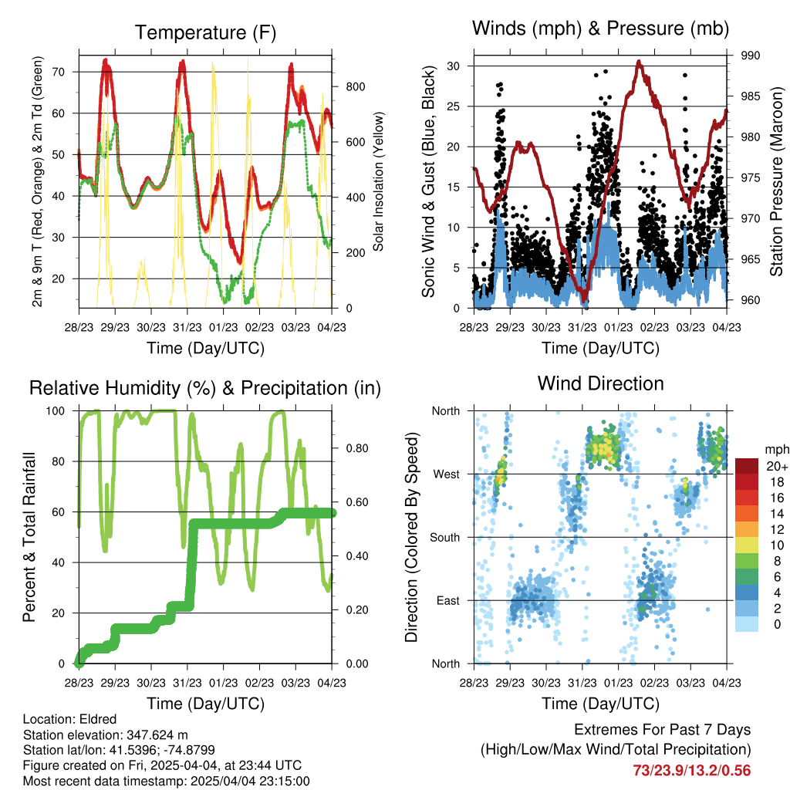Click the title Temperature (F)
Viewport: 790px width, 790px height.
click(x=205, y=32)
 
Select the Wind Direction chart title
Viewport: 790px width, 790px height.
click(x=600, y=383)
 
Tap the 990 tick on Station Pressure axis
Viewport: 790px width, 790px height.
click(x=750, y=56)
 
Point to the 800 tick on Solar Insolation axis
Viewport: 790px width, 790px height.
click(x=355, y=86)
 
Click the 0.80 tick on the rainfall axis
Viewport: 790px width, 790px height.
click(x=357, y=448)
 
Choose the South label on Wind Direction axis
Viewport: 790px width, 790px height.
click(x=445, y=538)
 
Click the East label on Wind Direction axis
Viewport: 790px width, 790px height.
click(x=448, y=600)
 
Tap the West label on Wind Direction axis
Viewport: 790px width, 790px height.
click(x=447, y=474)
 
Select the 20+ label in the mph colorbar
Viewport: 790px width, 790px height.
click(x=777, y=467)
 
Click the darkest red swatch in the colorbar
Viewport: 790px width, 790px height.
click(x=747, y=466)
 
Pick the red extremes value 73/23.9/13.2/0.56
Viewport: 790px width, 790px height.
click(x=692, y=771)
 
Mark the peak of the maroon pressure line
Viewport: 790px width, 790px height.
click(x=639, y=62)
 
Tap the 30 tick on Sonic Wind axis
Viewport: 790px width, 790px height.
click(x=453, y=66)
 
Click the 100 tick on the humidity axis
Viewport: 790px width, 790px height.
click(x=56, y=411)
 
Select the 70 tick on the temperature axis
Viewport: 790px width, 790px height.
click(x=59, y=72)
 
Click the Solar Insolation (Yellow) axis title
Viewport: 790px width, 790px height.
click(x=378, y=181)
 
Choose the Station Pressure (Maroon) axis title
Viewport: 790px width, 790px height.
click(x=776, y=181)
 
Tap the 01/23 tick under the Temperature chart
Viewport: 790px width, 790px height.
click(x=223, y=327)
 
